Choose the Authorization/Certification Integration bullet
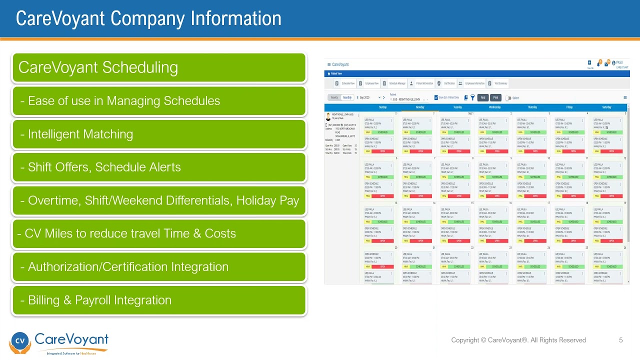(127, 266)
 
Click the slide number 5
(621, 340)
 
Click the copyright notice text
(518, 340)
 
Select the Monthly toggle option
(347, 97)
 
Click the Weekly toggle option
(334, 97)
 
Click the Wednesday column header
(494, 107)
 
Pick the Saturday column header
(606, 107)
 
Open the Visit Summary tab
(500, 83)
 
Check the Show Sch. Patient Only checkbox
(436, 97)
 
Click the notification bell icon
(598, 64)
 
